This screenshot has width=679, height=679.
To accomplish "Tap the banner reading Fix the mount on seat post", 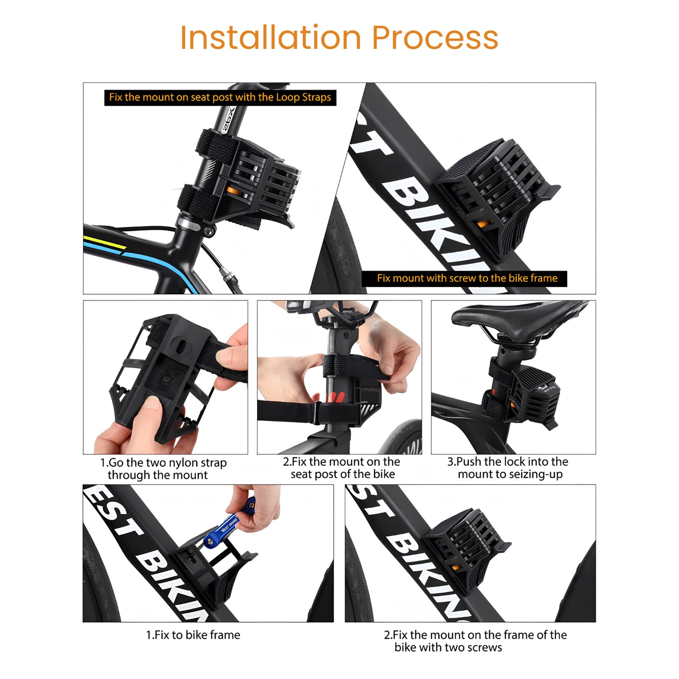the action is click(220, 97).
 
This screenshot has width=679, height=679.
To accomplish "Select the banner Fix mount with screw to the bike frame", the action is click(464, 278).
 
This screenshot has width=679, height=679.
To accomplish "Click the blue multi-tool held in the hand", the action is click(228, 522).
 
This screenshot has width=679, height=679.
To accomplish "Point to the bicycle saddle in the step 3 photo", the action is click(517, 319).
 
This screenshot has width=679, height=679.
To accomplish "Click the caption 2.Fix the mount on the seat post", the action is click(342, 468).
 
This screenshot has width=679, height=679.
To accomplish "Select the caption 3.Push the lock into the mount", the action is click(508, 468).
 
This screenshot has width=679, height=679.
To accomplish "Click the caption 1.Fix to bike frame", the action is click(193, 635).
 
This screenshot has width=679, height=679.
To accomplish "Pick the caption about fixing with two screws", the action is click(475, 640).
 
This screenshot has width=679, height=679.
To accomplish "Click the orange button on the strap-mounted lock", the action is click(233, 191).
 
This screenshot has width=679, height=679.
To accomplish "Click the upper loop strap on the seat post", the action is click(217, 143).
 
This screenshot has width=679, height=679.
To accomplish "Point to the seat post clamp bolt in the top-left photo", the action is click(209, 231).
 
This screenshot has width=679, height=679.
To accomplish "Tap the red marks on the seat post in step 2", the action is click(335, 397).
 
